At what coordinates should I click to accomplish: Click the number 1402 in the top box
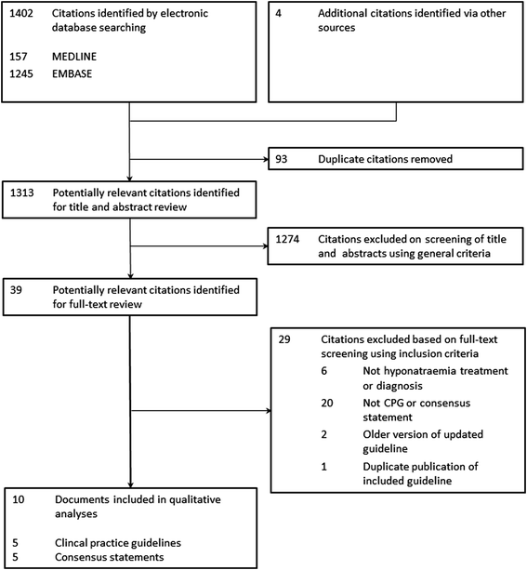(21, 13)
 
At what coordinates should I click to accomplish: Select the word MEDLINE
(74, 57)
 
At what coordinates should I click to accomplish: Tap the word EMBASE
(72, 73)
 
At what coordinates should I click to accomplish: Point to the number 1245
(21, 73)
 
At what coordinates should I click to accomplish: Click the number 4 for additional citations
(278, 13)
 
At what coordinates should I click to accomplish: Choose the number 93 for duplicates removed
(281, 159)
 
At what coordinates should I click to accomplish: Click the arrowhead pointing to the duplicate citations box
(266, 159)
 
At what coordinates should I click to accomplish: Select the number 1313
(21, 192)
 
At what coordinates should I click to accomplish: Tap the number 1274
(287, 239)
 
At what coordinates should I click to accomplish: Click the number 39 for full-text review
(16, 290)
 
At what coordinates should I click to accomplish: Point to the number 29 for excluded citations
(284, 339)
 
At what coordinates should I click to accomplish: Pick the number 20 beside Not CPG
(327, 404)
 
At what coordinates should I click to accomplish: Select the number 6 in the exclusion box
(323, 371)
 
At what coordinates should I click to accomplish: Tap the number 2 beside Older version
(323, 434)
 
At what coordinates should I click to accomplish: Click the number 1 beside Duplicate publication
(323, 467)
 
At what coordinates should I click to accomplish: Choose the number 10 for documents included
(19, 499)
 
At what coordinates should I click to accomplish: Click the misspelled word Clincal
(71, 543)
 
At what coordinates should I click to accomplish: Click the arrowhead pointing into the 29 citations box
(269, 411)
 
